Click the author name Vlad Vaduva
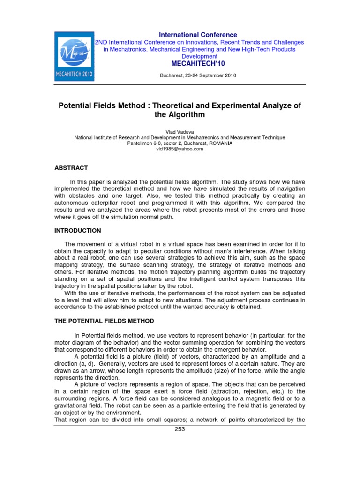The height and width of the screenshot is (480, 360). [180, 131]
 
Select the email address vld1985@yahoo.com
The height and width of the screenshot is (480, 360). [180, 149]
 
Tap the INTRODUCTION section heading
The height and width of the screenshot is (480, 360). [78, 231]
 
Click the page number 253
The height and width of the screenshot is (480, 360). [180, 429]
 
